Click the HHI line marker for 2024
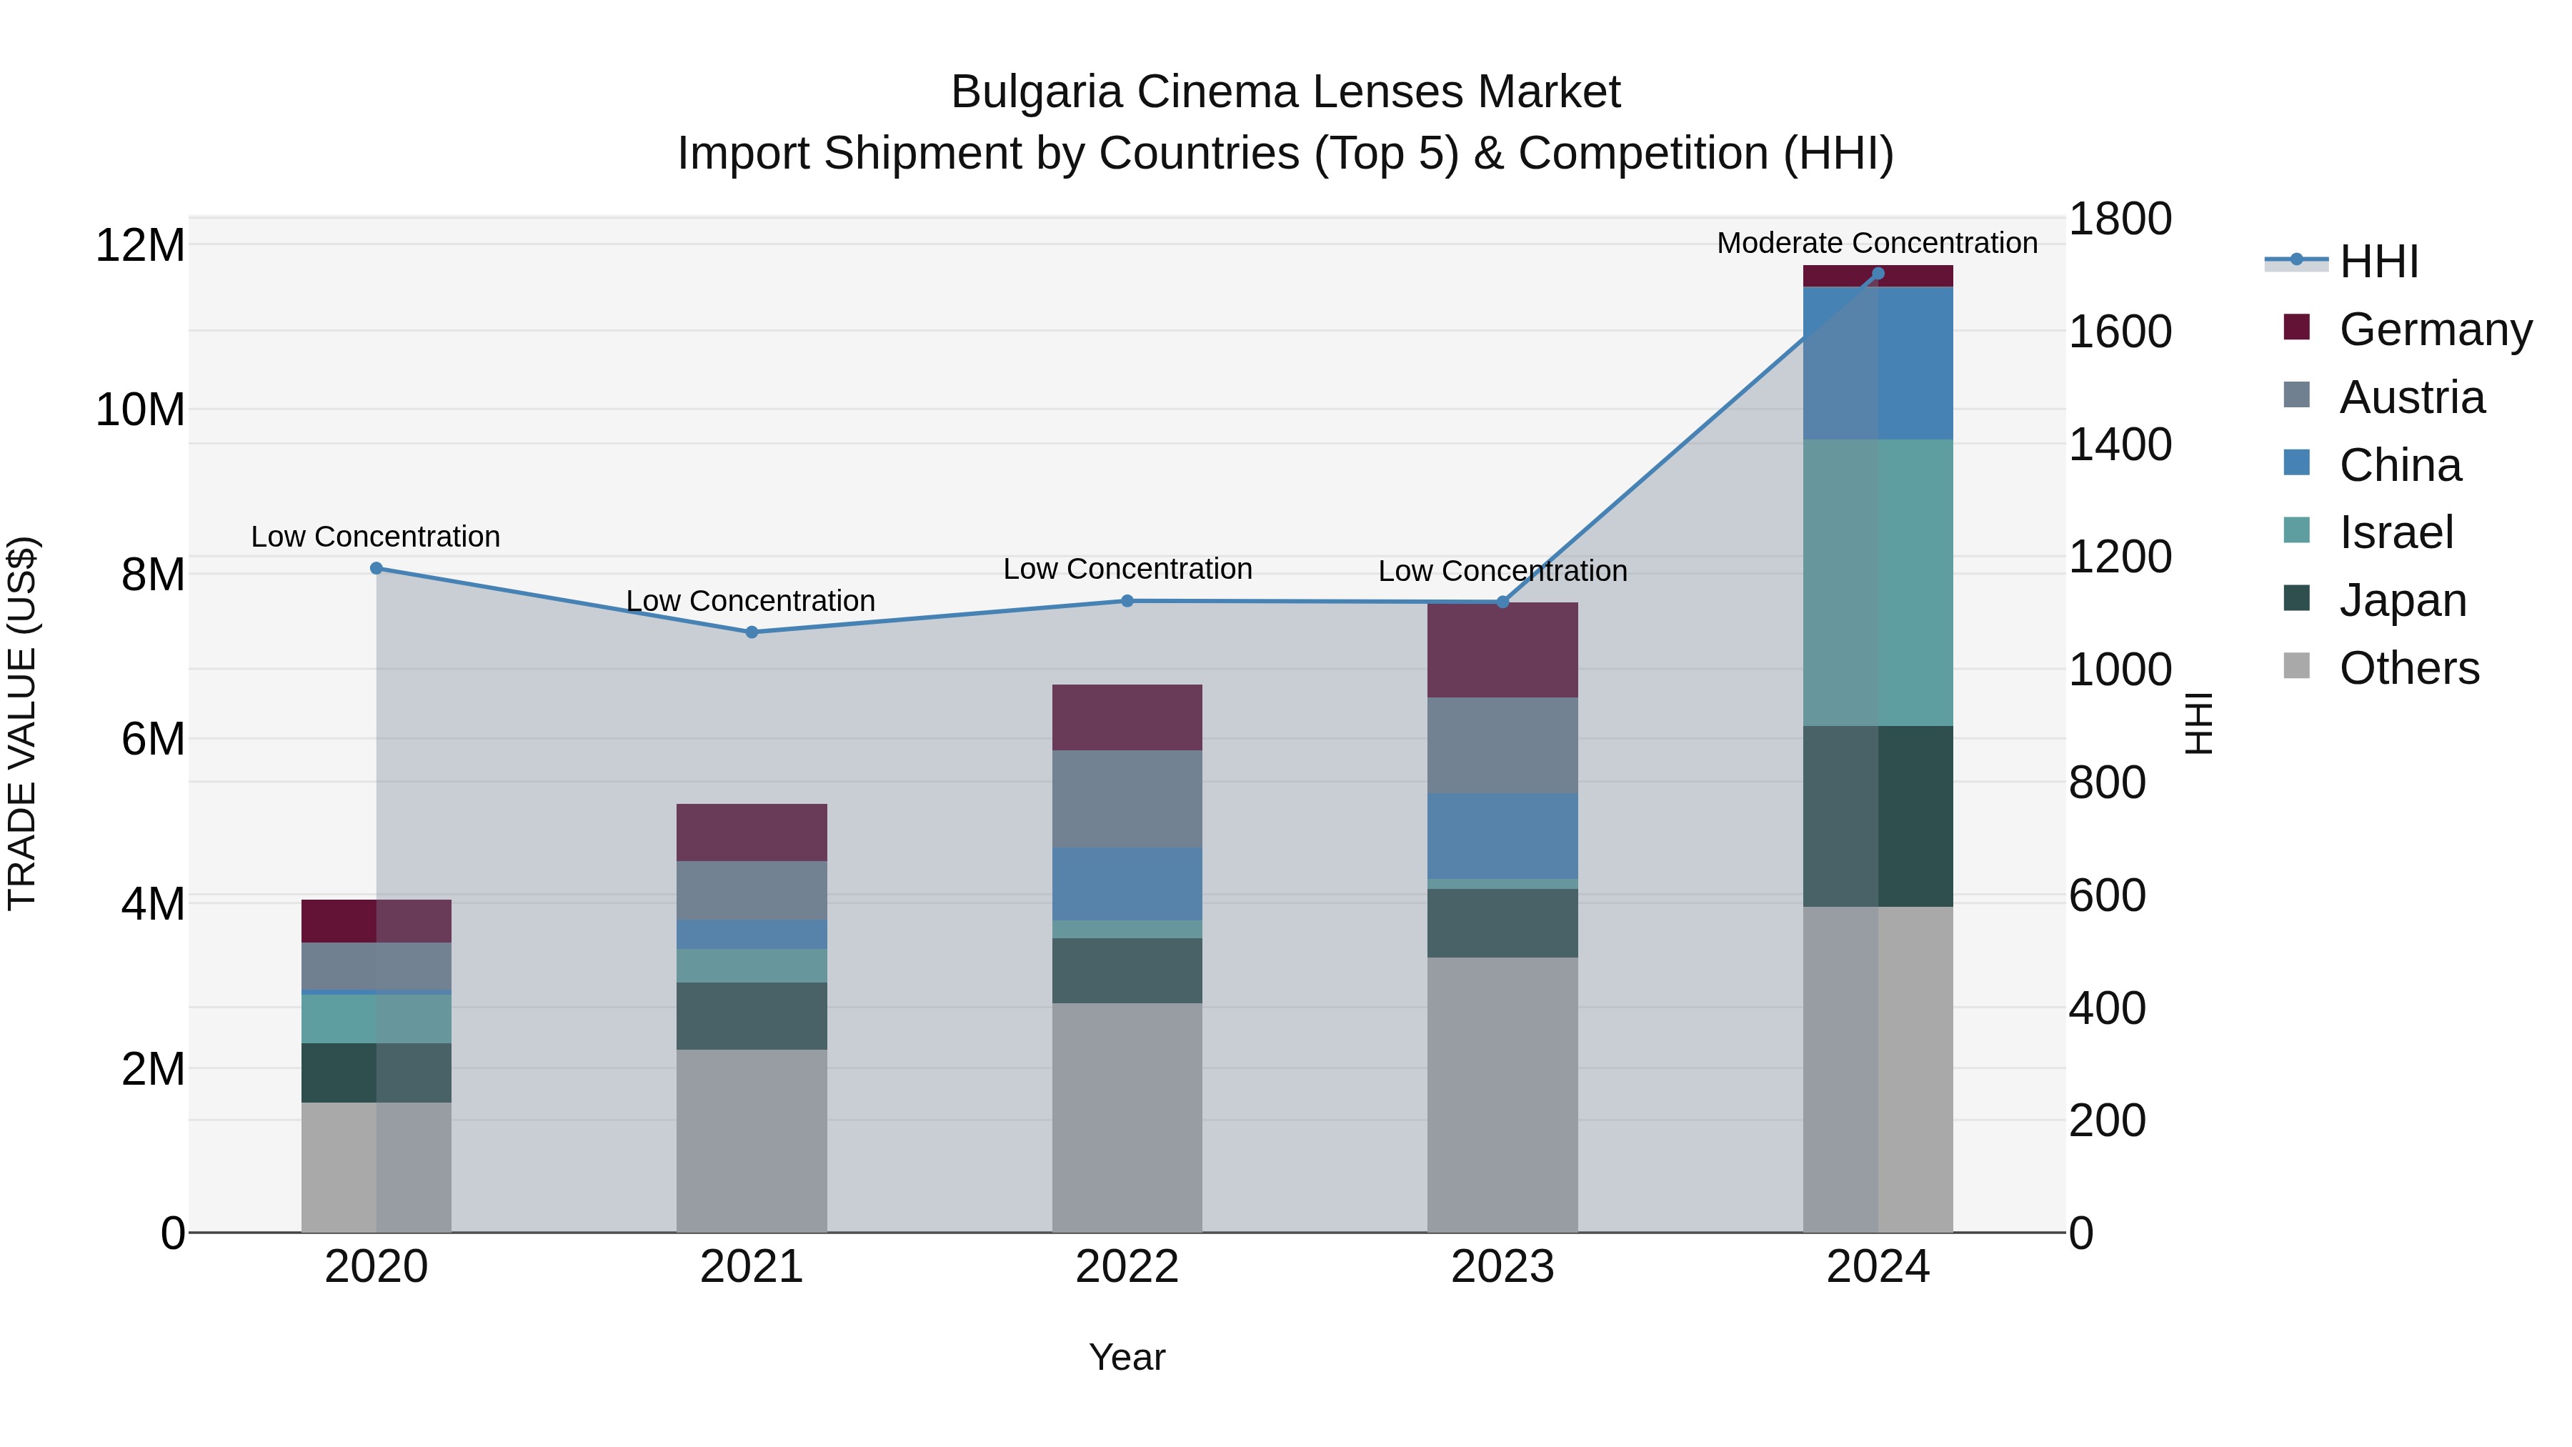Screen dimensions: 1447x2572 coord(1877,274)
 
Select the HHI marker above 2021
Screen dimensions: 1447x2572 coord(752,632)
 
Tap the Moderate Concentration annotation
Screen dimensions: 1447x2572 coord(1876,243)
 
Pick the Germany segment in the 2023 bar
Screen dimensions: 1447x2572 coord(1502,650)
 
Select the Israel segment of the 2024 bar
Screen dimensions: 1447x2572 coord(1877,582)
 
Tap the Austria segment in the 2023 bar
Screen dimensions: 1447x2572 coord(1502,745)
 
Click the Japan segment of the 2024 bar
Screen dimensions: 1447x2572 coord(1877,816)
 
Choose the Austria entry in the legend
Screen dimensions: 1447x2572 coord(2411,397)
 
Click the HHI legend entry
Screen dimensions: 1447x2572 coord(2378,262)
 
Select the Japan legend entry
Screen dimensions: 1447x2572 coord(2401,600)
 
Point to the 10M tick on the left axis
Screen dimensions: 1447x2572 coord(140,409)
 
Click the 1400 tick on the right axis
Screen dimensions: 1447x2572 coord(2120,444)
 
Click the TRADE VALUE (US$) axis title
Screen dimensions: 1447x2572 coord(22,723)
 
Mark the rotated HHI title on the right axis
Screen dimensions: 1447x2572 coord(2200,723)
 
